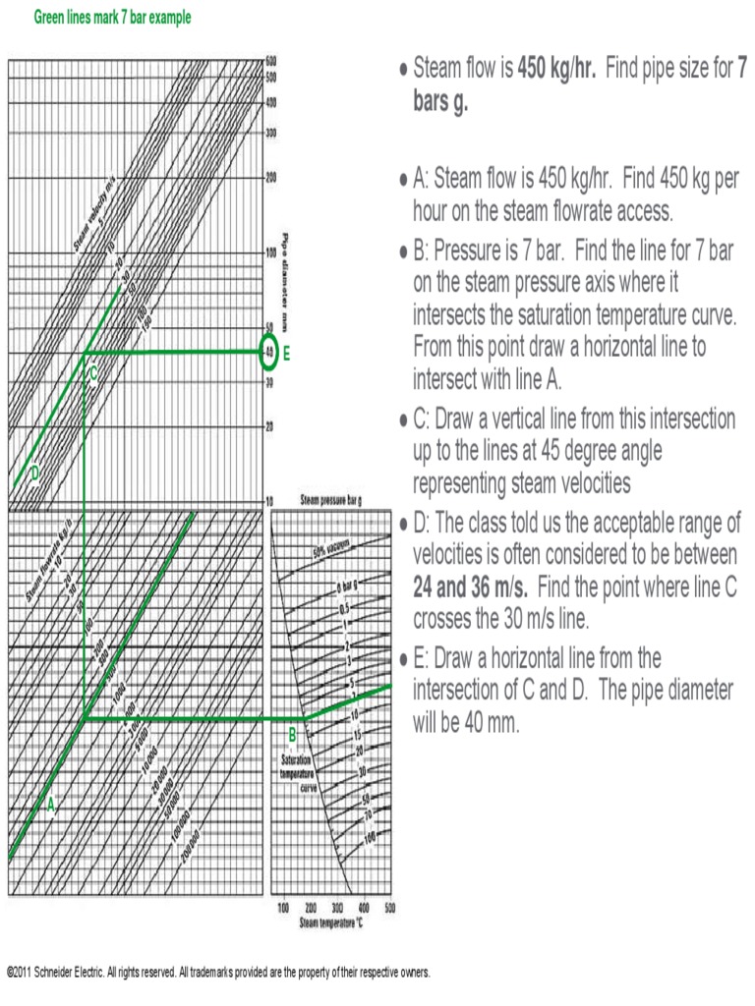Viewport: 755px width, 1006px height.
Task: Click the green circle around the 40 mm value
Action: tap(268, 353)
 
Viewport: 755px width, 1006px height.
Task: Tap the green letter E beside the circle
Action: tap(287, 355)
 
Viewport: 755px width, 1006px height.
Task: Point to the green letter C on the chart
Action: tap(93, 373)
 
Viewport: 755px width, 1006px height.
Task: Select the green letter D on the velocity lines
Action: tap(34, 474)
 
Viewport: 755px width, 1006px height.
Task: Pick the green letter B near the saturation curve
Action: tap(292, 736)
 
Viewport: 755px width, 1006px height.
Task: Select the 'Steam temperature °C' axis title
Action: tap(331, 923)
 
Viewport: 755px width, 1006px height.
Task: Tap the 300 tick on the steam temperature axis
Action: tap(337, 909)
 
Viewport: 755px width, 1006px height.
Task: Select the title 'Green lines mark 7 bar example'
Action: tap(113, 18)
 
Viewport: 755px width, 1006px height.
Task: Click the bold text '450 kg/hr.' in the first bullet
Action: tap(556, 70)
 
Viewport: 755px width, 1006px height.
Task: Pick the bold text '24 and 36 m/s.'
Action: tap(471, 587)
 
